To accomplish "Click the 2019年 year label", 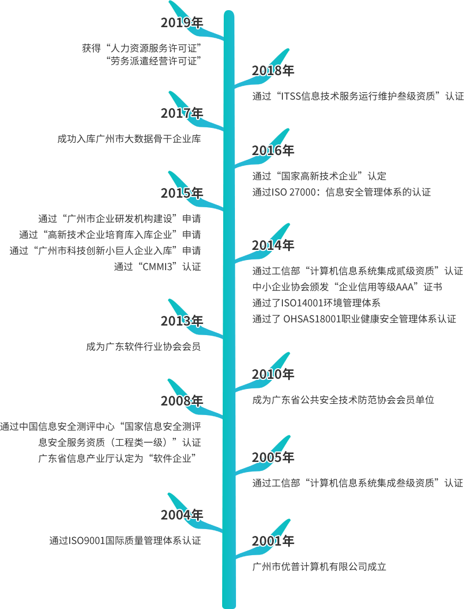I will (x=182, y=22).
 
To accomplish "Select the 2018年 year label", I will (x=273, y=70).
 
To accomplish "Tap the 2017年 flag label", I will (x=182, y=113).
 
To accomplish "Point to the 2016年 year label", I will (x=273, y=150).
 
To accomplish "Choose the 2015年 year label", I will (x=182, y=193).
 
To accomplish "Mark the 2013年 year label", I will (x=182, y=321).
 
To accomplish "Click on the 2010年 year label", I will (x=273, y=374).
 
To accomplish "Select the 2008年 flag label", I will (x=182, y=401).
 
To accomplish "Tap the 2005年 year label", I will (x=273, y=457).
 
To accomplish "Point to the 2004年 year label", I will (x=182, y=515).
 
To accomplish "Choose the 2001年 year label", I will (x=273, y=541).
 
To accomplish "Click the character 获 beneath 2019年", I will (x=86, y=48).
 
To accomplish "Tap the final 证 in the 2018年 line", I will (x=459, y=96).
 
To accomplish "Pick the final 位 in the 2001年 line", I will (x=381, y=567).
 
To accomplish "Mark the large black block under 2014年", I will (x=362, y=294).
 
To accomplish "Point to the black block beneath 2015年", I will (x=107, y=242).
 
